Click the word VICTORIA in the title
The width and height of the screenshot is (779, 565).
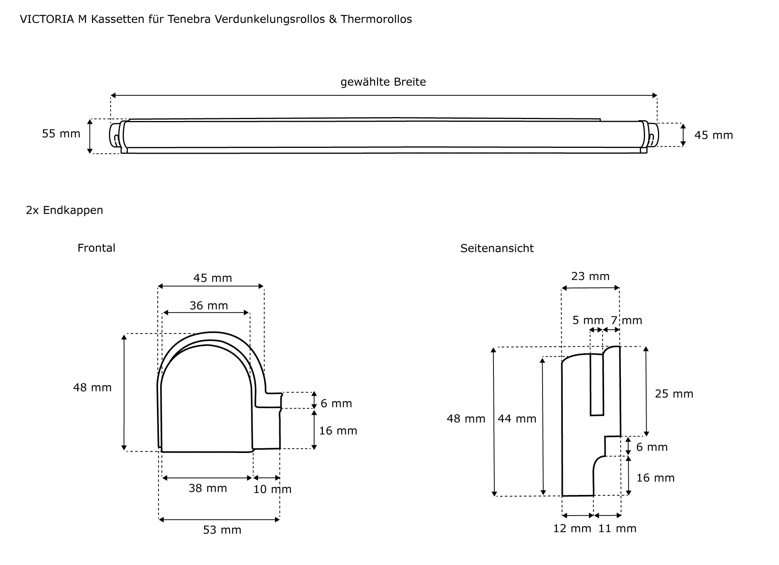pos(47,19)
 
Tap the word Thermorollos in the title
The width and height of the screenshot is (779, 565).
pos(376,19)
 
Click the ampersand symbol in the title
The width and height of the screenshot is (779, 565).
pos(333,19)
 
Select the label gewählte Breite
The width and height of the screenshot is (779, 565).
pos(383,82)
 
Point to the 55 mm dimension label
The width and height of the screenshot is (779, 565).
pos(61,134)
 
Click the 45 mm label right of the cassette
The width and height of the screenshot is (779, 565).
pos(714,135)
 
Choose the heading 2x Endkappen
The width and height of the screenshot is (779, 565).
pos(65,211)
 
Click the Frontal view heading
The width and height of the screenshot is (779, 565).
pos(96,248)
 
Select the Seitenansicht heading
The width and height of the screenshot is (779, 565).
pos(497,249)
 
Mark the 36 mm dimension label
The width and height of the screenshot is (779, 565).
pos(209,306)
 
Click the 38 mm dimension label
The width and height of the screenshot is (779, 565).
pos(208,488)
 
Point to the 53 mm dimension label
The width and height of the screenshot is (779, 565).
pos(222,530)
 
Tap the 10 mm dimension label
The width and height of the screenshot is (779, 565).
pos(272,490)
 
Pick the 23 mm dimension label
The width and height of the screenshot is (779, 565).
pos(590,277)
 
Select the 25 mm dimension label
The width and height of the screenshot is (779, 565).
pos(674,394)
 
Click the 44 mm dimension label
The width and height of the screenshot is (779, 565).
pos(517,419)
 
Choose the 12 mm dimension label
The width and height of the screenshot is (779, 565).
pos(572,529)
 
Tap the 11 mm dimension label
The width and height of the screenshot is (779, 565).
pos(617,529)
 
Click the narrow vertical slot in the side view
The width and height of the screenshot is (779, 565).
pos(597,385)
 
